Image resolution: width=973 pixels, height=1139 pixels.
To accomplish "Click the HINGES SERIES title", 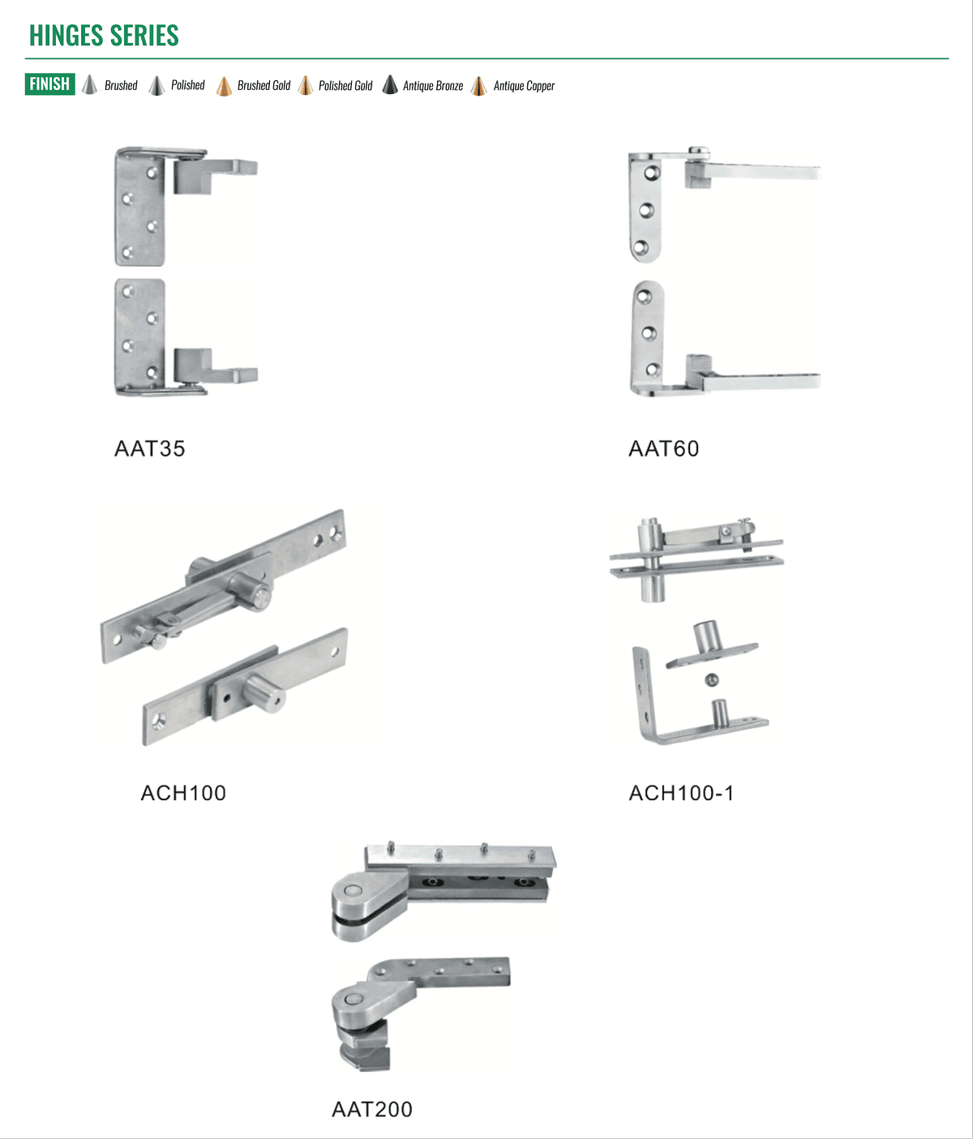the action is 104,36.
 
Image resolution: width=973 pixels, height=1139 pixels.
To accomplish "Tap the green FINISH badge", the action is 49,84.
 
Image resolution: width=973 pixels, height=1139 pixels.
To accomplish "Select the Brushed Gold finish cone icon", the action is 224,86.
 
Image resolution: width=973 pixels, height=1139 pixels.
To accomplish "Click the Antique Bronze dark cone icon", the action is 390,85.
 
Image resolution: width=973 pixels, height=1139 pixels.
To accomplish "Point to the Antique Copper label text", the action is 524,86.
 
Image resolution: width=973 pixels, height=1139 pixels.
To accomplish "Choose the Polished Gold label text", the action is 345,86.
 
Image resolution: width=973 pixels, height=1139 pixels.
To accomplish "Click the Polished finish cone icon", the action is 156,85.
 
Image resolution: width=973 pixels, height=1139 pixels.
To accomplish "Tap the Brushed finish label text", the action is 121,85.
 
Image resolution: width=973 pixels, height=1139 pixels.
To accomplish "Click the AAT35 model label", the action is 149,448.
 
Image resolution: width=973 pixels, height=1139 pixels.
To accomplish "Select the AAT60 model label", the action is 664,448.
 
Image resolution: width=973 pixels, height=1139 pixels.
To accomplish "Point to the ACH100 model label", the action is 183,793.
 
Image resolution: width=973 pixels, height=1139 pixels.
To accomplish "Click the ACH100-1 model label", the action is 681,793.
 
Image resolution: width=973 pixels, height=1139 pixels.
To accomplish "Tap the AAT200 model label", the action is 372,1109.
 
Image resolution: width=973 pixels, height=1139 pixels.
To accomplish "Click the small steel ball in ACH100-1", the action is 712,680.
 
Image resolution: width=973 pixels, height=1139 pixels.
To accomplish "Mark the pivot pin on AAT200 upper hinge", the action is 350,890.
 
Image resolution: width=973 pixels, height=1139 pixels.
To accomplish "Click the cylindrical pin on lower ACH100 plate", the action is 264,692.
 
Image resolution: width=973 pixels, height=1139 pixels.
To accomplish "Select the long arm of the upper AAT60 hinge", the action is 761,172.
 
